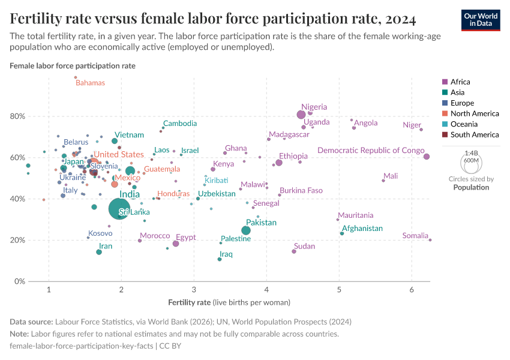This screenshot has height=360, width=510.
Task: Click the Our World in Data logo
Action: (x=481, y=19)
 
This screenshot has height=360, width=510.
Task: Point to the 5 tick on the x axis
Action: (x=339, y=291)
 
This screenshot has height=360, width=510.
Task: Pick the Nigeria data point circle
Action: (x=301, y=115)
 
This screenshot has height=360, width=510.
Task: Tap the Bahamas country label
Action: (x=90, y=83)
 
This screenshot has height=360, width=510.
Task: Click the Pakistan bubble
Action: (x=246, y=230)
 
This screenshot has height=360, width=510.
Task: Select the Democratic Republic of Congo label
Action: (x=371, y=151)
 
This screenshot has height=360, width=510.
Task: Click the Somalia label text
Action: (x=415, y=236)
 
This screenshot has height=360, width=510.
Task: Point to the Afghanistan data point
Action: (x=342, y=233)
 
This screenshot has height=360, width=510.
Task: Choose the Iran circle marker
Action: (x=99, y=252)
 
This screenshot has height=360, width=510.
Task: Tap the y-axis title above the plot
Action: (x=73, y=65)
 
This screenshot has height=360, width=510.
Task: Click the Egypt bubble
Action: (x=176, y=244)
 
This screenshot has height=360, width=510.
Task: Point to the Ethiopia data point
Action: (x=279, y=163)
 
